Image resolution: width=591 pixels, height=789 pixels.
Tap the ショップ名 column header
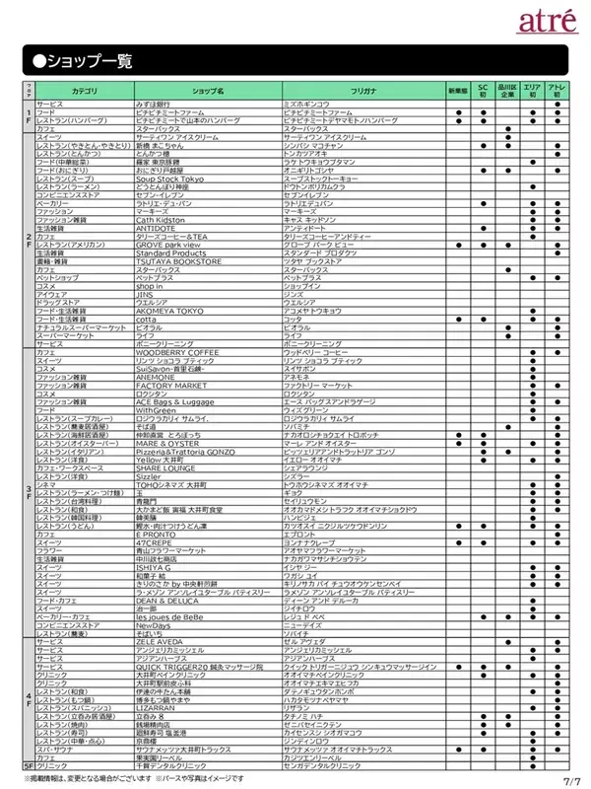point(208,90)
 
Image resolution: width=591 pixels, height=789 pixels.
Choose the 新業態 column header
point(459,90)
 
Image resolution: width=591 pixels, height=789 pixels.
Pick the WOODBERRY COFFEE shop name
point(177,351)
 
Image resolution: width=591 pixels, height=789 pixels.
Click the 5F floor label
point(29,765)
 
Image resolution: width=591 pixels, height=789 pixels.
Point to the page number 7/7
point(571,780)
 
